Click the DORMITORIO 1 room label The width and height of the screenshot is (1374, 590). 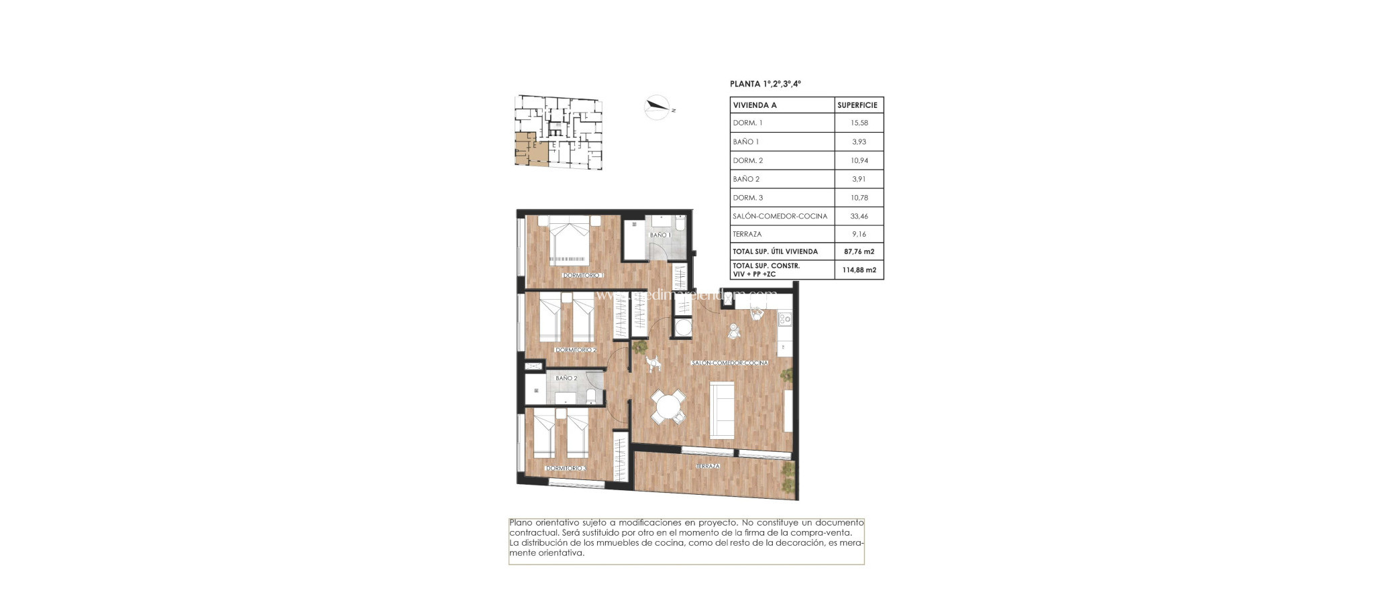tap(584, 276)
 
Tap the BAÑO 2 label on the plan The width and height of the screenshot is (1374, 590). tap(566, 378)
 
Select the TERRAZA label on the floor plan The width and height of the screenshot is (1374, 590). tap(708, 466)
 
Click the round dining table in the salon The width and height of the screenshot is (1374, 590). tap(668, 406)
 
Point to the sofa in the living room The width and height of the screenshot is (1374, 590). tap(723, 410)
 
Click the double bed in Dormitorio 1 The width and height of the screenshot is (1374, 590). tap(570, 241)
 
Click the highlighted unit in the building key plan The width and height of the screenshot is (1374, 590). tap(530, 149)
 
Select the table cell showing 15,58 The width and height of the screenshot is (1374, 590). tap(859, 123)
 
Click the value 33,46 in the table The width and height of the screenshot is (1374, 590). tap(859, 216)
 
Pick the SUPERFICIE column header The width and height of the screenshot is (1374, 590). tap(857, 105)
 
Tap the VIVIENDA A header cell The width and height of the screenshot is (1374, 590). tap(755, 105)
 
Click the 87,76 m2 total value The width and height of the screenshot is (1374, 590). tap(859, 251)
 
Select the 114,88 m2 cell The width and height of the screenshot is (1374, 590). tap(859, 270)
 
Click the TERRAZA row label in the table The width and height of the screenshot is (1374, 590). tap(747, 234)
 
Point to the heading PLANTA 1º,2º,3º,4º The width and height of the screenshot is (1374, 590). tap(765, 84)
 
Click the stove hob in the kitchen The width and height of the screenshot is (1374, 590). tap(784, 318)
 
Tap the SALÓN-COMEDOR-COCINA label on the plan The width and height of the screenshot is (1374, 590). tap(730, 363)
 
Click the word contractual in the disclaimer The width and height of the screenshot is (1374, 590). tap(533, 532)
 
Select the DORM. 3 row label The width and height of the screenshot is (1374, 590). tap(747, 198)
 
